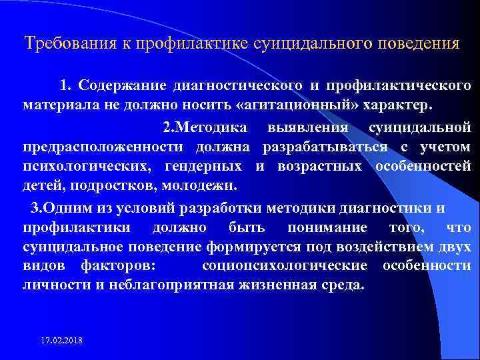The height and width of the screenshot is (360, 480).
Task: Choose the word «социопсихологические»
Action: (x=283, y=266)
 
